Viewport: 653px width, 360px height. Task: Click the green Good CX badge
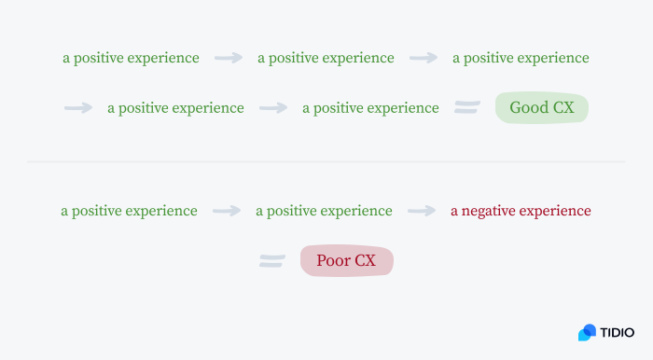click(542, 108)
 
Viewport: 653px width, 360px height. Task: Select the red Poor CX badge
click(346, 261)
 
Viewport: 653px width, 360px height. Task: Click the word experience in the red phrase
click(556, 211)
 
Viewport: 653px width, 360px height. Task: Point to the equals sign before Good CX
click(466, 108)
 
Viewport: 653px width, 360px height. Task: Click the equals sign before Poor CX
click(271, 261)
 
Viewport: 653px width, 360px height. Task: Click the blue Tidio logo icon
click(587, 332)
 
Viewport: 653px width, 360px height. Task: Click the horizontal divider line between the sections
click(326, 161)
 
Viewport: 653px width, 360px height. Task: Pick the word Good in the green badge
click(528, 108)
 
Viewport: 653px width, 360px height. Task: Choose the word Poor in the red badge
click(332, 261)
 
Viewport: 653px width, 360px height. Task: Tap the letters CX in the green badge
click(563, 108)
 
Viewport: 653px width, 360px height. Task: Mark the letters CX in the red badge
click(365, 261)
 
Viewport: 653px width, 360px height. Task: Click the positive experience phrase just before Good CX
click(370, 108)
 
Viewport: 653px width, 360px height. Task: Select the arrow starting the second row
click(78, 108)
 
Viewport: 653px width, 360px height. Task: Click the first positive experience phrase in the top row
click(131, 58)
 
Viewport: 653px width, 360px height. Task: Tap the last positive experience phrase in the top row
click(521, 58)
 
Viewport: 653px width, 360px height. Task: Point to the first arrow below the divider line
click(227, 211)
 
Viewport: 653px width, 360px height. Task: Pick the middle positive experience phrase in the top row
click(326, 58)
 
